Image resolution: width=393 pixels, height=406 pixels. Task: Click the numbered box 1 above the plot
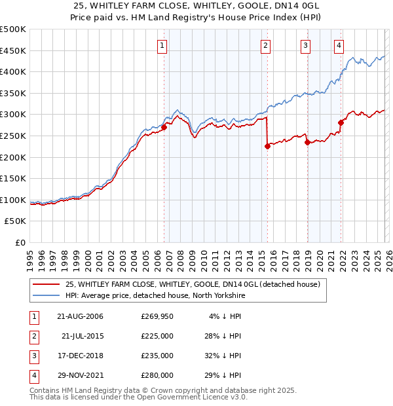[162, 45]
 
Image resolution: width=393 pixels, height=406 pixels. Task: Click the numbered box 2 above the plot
[265, 45]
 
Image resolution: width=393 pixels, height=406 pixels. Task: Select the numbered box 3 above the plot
[306, 45]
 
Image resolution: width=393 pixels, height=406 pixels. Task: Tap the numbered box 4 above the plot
[339, 45]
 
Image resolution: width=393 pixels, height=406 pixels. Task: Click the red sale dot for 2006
[164, 128]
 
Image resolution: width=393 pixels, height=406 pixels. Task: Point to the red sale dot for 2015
[267, 147]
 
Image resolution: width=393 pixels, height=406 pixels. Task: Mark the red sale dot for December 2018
[307, 142]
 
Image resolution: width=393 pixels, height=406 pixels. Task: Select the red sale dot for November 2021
[341, 122]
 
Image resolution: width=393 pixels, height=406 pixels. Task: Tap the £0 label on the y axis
[20, 242]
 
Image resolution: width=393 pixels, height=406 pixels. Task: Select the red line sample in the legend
[46, 284]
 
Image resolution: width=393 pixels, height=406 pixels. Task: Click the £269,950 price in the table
[157, 317]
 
